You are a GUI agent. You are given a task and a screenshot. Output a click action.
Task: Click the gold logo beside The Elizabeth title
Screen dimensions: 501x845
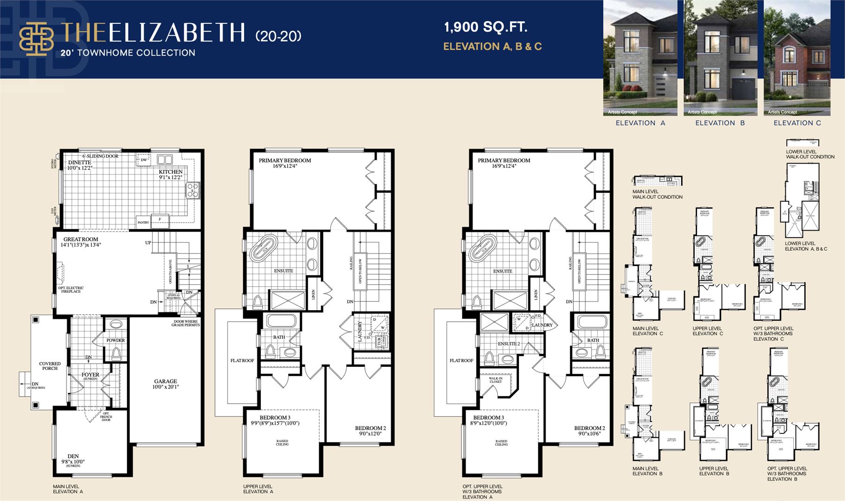pyautogui.click(x=36, y=39)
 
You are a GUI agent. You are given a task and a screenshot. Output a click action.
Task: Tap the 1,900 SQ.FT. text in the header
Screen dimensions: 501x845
pyautogui.click(x=486, y=27)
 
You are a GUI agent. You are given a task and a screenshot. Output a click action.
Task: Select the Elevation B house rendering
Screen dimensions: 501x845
pyautogui.click(x=720, y=58)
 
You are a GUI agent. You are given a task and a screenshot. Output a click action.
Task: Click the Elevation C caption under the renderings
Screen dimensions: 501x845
pyautogui.click(x=797, y=123)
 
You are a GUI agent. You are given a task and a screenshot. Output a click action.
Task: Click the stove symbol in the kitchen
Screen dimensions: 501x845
pyautogui.click(x=193, y=190)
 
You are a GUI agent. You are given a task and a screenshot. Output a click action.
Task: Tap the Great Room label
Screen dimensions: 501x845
pyautogui.click(x=81, y=240)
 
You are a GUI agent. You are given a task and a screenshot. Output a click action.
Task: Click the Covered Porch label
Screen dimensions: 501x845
pyautogui.click(x=50, y=366)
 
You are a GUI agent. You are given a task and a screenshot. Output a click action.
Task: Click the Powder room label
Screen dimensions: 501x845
pyautogui.click(x=115, y=340)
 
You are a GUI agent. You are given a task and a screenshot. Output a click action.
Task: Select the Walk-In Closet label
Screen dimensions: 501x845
pyautogui.click(x=496, y=380)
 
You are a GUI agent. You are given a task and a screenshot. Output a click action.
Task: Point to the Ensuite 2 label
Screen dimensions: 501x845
pyautogui.click(x=509, y=344)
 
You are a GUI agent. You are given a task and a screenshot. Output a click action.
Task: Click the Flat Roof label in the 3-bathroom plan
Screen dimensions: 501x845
pyautogui.click(x=461, y=361)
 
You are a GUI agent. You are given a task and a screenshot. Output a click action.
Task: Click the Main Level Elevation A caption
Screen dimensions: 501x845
pyautogui.click(x=68, y=489)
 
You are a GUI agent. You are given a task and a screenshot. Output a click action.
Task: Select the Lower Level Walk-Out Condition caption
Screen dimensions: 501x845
pyautogui.click(x=810, y=154)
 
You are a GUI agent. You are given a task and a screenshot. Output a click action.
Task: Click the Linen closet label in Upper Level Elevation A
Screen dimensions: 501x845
pyautogui.click(x=313, y=294)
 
